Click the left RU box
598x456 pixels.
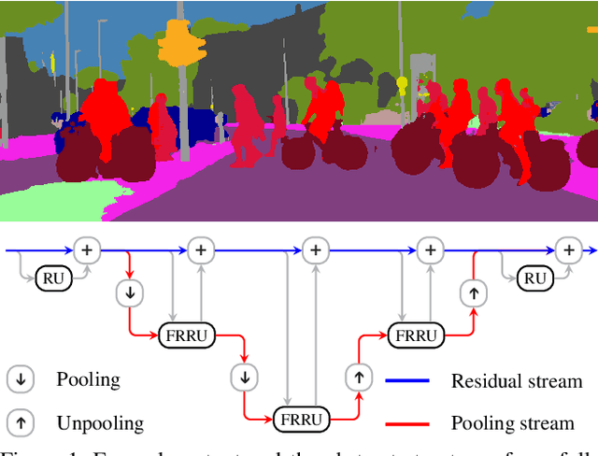point(53,278)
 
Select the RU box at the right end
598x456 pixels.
point(534,278)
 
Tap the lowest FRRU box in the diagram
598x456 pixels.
point(301,420)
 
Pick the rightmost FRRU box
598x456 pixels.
point(413,335)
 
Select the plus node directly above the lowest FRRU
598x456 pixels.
point(316,249)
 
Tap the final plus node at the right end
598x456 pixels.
point(566,249)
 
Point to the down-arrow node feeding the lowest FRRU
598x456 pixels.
point(244,377)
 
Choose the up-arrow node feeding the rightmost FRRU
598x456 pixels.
point(358,377)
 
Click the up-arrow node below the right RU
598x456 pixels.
point(473,292)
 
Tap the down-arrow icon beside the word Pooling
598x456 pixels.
point(20,379)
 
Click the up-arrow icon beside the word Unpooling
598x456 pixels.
point(20,422)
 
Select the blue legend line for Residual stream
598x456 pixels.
point(407,380)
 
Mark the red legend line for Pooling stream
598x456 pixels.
point(407,423)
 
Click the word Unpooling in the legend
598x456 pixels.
point(100,423)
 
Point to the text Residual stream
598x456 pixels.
point(516,380)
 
